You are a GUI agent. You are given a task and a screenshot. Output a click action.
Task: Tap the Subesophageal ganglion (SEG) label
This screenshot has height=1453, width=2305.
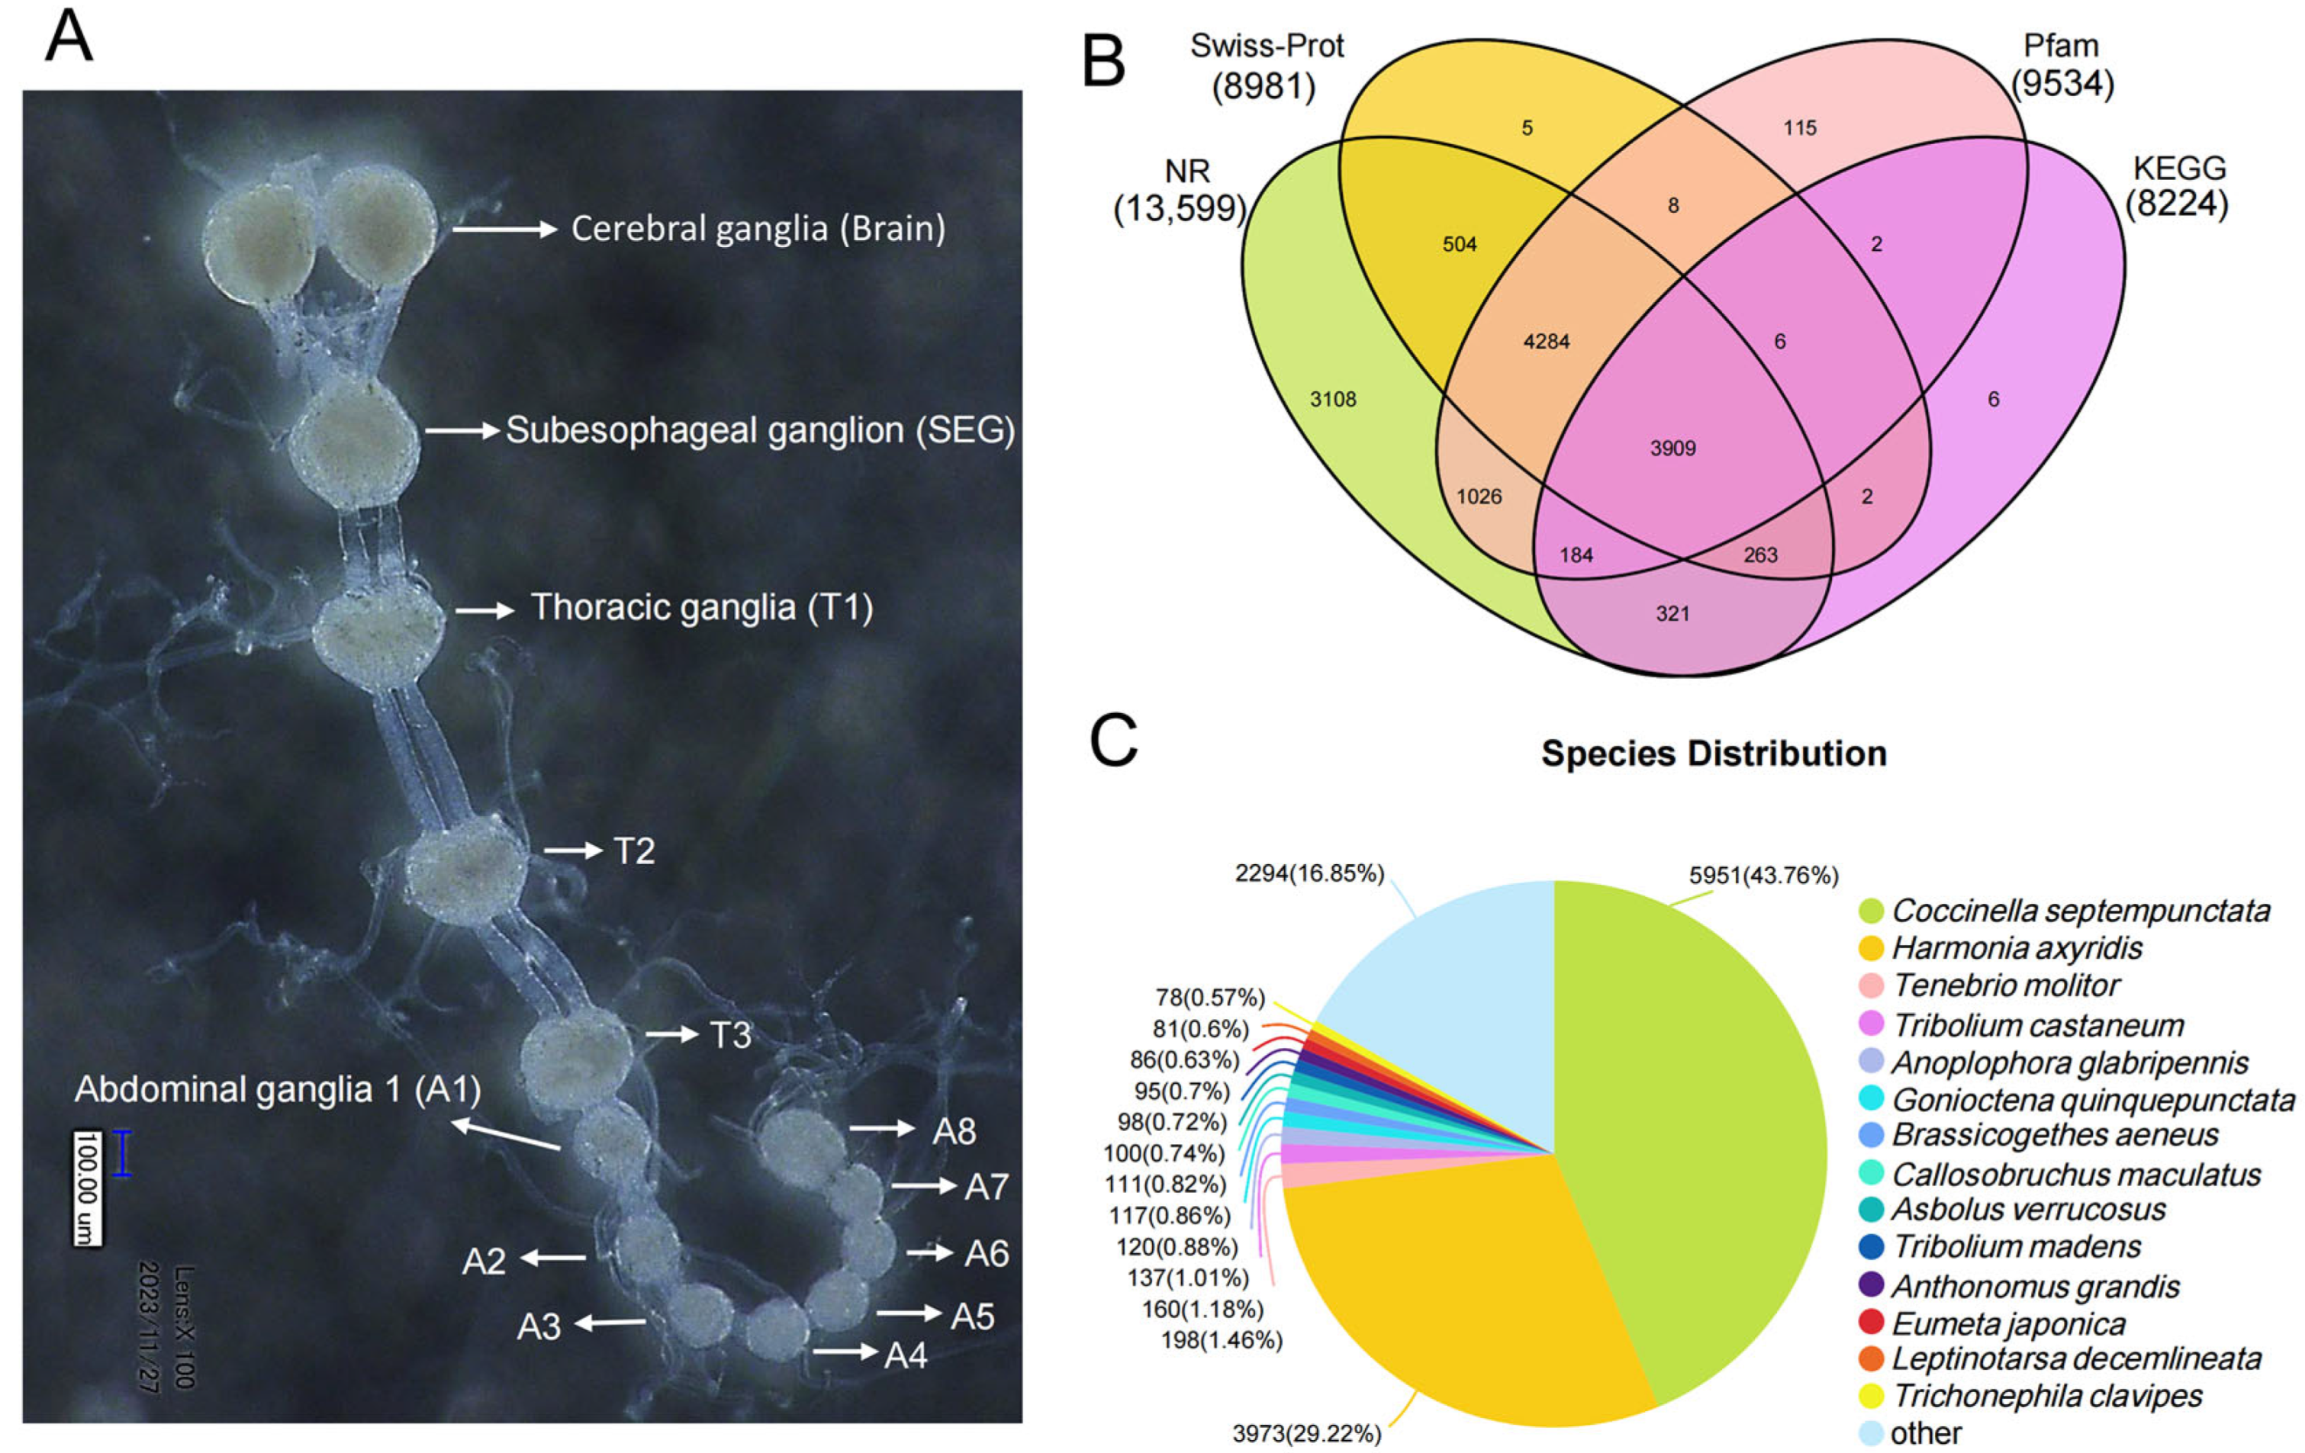pos(760,431)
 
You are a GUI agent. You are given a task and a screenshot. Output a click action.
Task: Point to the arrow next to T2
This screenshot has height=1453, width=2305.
pos(572,849)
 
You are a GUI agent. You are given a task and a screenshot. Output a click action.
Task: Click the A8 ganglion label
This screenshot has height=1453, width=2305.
pos(954,1131)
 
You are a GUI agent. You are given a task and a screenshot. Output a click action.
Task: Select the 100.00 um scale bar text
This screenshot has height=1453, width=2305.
pos(87,1188)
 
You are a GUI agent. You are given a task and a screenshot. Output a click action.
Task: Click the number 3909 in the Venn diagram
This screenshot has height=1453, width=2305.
pos(1672,448)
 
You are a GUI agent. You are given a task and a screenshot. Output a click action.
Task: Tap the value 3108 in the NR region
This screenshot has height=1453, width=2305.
pos(1332,399)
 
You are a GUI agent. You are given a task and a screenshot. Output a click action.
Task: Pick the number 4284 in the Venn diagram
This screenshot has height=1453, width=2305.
pos(1546,342)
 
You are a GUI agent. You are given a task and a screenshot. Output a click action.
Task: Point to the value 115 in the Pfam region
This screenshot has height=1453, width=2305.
pos(1800,127)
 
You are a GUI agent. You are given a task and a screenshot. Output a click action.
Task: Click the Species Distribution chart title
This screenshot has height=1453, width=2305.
pos(1714,754)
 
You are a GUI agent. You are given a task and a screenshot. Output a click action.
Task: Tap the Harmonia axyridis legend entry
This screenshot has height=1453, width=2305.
pos(2017,947)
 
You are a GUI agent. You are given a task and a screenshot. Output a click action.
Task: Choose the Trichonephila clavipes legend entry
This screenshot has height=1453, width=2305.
pos(2046,1396)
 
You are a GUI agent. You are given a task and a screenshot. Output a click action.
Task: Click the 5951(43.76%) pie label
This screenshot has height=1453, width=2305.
pos(1763,875)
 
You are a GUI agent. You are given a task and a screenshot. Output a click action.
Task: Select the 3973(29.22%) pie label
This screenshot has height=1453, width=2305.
pos(1306,1433)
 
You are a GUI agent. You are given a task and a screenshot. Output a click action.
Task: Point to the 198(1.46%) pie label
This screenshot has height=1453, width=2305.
pos(1222,1340)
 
